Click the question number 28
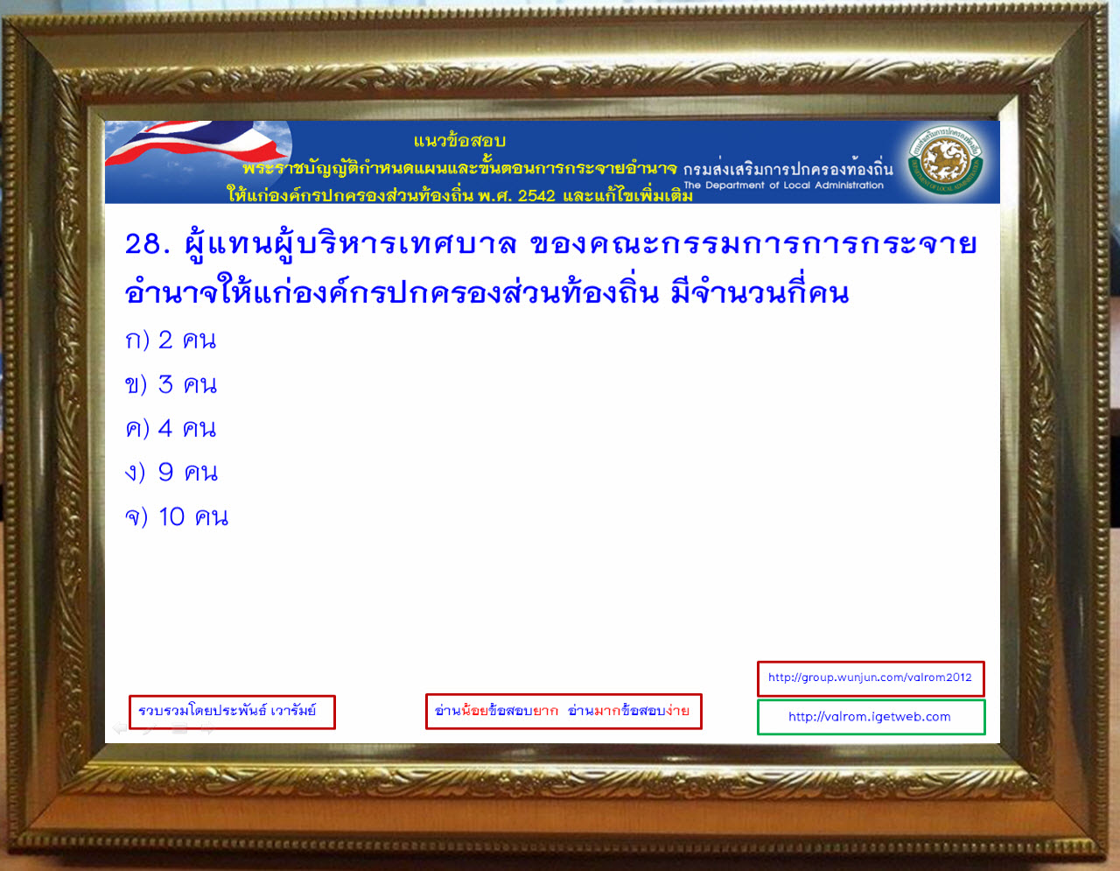tap(147, 243)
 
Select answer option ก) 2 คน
tap(171, 341)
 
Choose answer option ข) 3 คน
tap(171, 385)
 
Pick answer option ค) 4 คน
tap(171, 429)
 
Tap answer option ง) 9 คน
tap(171, 473)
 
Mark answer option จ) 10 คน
tap(177, 517)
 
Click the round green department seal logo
tap(945, 160)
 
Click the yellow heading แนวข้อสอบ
tap(459, 140)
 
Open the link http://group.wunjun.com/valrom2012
tap(870, 678)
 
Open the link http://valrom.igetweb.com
tap(871, 717)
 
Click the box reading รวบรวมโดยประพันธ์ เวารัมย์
tap(232, 712)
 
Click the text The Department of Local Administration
tap(783, 185)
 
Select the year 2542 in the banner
tap(536, 196)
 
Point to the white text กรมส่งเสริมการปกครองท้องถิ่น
tap(788, 169)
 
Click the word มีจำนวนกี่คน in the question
tap(759, 292)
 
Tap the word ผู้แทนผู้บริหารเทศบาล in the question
tap(351, 242)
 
